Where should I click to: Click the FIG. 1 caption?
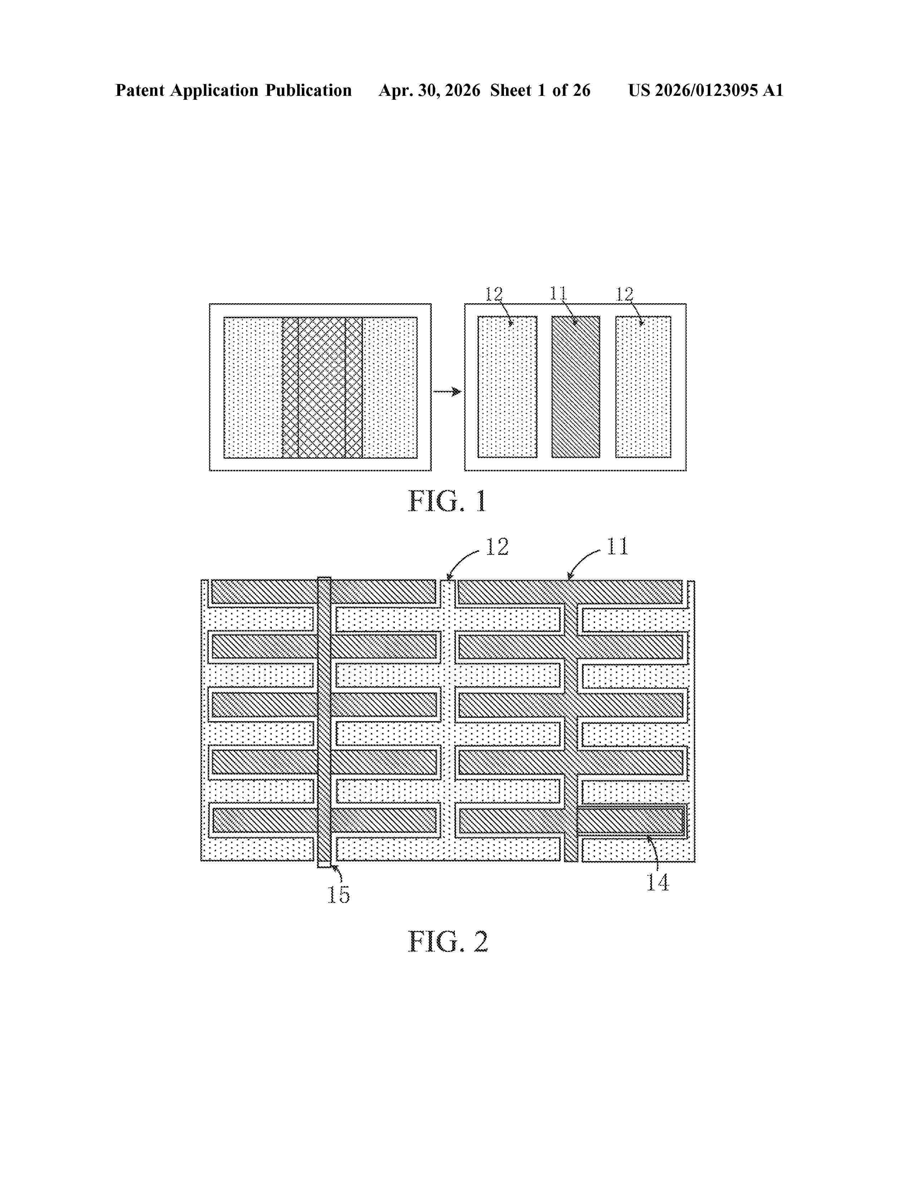click(x=447, y=501)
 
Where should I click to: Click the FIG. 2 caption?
click(x=447, y=942)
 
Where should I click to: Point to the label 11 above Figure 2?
click(x=618, y=546)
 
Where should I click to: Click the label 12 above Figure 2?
click(x=497, y=547)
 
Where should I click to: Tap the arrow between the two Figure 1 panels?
click(x=447, y=391)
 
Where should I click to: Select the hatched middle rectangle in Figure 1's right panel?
click(x=575, y=387)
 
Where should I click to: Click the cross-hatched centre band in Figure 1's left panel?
click(x=322, y=387)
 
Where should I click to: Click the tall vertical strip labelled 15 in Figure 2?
click(x=324, y=722)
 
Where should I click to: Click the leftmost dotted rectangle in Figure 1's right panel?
click(x=508, y=387)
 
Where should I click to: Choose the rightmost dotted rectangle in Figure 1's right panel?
click(x=643, y=387)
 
